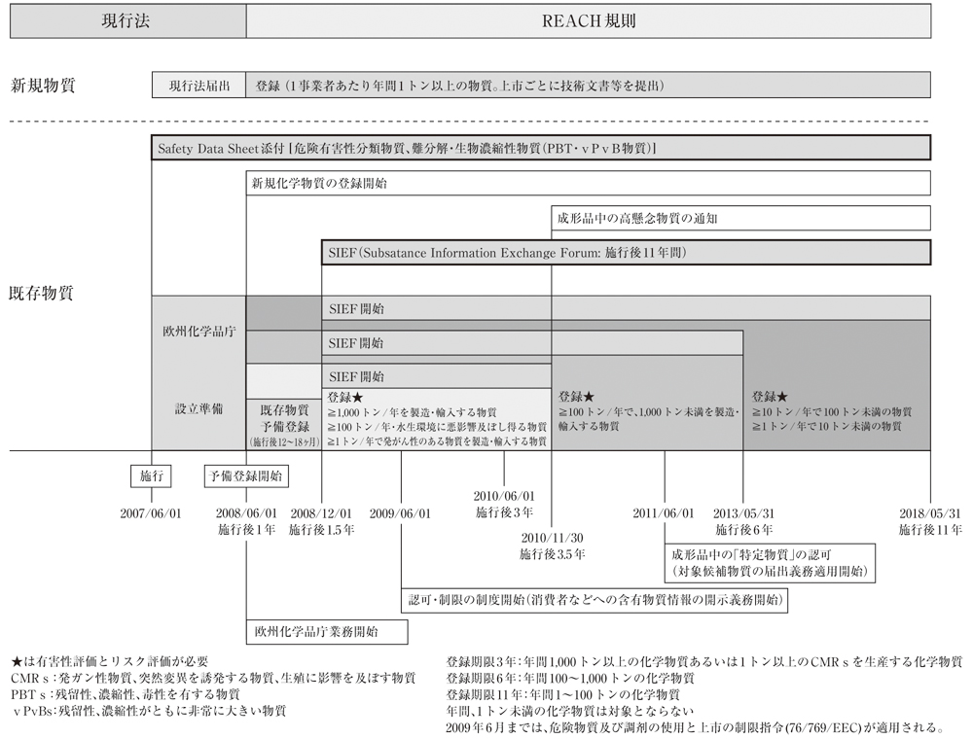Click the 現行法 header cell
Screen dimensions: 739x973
click(127, 20)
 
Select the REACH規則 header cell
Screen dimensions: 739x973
click(588, 20)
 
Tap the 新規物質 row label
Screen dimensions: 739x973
click(44, 85)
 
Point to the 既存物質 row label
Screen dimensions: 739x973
click(44, 292)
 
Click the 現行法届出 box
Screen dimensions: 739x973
click(198, 85)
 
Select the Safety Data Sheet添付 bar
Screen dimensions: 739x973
click(541, 149)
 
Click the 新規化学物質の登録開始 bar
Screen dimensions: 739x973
click(588, 183)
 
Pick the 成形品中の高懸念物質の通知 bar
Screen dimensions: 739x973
click(740, 218)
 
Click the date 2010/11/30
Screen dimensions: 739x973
click(552, 538)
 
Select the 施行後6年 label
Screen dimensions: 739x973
click(744, 531)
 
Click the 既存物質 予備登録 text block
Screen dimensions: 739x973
click(283, 418)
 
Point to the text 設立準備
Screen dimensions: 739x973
click(198, 409)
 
